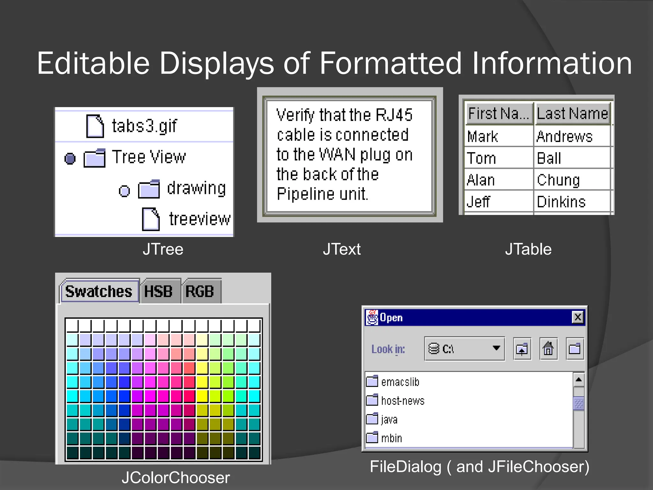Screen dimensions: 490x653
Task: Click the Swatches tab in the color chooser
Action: [x=99, y=291]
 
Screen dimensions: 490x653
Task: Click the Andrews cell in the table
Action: [x=564, y=137]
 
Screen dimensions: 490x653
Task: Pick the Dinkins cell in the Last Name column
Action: [x=561, y=202]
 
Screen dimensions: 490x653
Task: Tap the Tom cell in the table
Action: [x=481, y=159]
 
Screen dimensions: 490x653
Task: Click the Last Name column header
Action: [x=573, y=114]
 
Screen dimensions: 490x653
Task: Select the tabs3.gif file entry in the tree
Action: [x=144, y=126]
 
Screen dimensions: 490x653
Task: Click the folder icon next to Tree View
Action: [x=94, y=158]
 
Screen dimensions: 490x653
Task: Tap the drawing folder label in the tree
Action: [x=196, y=188]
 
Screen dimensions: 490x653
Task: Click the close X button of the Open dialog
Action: [x=578, y=317]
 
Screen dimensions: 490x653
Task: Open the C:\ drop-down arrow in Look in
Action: [x=496, y=348]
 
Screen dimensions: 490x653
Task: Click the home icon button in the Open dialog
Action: [x=548, y=349]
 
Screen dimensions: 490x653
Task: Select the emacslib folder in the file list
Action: [x=400, y=382]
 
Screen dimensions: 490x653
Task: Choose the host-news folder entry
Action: [x=402, y=401]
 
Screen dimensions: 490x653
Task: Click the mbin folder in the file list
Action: [x=392, y=438]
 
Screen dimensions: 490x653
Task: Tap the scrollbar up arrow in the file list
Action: [x=578, y=380]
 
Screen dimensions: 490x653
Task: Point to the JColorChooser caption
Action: [x=176, y=478]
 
